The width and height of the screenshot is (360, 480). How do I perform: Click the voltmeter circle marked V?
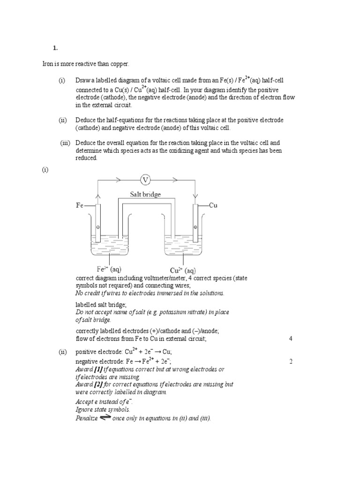click(x=145, y=180)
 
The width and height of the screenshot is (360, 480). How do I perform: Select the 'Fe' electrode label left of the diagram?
click(x=80, y=205)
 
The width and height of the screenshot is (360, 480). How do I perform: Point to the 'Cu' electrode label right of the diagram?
click(x=212, y=205)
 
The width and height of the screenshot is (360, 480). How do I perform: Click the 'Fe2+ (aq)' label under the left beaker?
click(x=109, y=269)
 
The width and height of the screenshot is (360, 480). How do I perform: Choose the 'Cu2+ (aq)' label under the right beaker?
click(x=183, y=270)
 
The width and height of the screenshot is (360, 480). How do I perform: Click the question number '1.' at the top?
click(x=55, y=47)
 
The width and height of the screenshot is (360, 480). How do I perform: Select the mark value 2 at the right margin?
click(x=291, y=361)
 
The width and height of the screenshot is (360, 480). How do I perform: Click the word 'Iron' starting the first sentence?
click(x=48, y=63)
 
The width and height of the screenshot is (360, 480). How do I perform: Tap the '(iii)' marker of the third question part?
click(x=65, y=142)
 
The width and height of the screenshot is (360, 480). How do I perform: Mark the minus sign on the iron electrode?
click(x=97, y=227)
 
